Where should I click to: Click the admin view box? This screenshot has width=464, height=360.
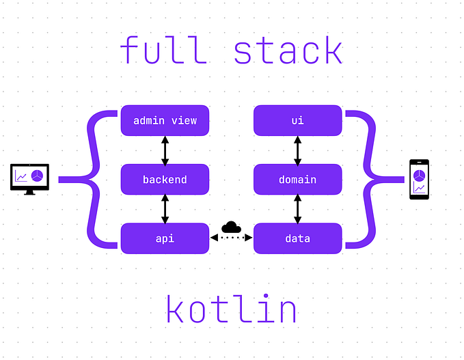[x=165, y=121]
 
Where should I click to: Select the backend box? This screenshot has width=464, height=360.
[x=165, y=180]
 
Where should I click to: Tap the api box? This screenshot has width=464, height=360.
[x=165, y=238]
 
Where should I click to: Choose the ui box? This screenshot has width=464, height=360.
[x=297, y=121]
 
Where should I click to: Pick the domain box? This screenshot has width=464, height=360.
[x=297, y=180]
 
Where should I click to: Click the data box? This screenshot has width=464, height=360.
[x=297, y=238]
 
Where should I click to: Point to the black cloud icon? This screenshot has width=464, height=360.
[x=232, y=227]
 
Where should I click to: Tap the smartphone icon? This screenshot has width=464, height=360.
[x=419, y=179]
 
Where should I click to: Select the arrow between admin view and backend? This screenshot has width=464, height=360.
[x=165, y=150]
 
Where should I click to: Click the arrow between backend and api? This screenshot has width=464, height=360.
[x=165, y=209]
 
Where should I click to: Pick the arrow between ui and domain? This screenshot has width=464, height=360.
[x=297, y=150]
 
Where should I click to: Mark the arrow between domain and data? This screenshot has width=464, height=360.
[x=297, y=209]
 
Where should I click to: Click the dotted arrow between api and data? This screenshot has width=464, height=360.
[x=232, y=238]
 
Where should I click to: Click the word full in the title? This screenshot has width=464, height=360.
[x=163, y=51]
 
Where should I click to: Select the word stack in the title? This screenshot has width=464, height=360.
[x=288, y=51]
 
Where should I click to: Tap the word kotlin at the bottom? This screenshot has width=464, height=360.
[x=232, y=309]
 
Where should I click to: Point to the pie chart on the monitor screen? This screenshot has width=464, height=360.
[x=38, y=176]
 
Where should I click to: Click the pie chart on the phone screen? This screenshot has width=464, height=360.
[x=419, y=174]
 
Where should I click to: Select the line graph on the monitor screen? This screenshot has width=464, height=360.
[x=22, y=177]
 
